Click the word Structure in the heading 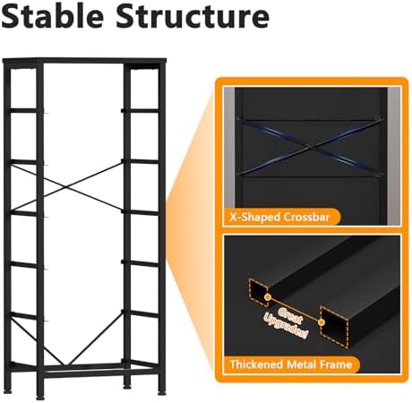coord(193,16)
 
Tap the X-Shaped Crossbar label coord(279,217)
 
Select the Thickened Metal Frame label coord(291,364)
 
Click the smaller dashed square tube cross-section coord(258,292)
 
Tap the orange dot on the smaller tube coord(268,297)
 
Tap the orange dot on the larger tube coord(322,322)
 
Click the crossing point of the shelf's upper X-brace coord(65,188)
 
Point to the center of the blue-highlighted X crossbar coord(311,147)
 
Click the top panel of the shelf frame coord(84,61)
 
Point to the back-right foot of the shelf coord(127,386)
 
